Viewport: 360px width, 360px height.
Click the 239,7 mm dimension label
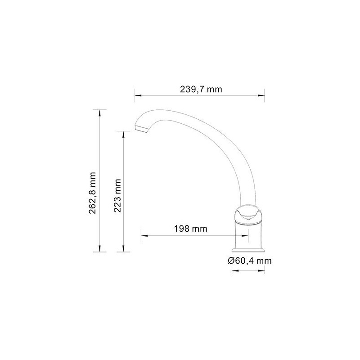click(201, 89)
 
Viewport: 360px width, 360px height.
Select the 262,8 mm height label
click(93, 193)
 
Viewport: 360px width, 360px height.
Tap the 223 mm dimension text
click(117, 195)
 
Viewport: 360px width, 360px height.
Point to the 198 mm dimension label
click(190, 229)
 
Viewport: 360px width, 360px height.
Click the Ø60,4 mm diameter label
click(250, 261)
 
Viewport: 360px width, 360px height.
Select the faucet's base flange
click(248, 250)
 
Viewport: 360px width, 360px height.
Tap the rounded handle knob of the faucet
click(248, 214)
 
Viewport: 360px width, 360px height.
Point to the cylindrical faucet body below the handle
click(248, 235)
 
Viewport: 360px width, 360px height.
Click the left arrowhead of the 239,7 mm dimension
click(138, 95)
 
